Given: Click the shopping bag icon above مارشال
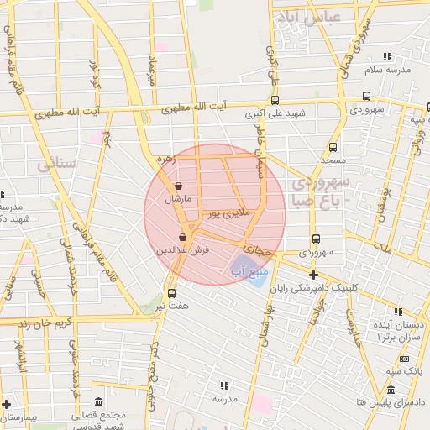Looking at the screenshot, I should (178, 186).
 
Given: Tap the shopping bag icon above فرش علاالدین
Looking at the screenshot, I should (182, 239).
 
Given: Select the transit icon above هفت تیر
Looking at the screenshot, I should (172, 293).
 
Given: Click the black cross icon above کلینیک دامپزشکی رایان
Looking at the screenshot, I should (313, 275).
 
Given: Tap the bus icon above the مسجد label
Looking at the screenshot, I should (333, 146).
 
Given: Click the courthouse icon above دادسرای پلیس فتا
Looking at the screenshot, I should (390, 390).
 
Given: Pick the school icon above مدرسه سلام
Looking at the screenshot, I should (387, 57).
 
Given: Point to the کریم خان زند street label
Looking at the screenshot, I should (37, 322).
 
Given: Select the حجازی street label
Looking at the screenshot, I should (258, 250).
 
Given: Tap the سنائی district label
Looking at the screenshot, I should (56, 165).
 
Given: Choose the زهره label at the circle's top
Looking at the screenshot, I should (164, 158).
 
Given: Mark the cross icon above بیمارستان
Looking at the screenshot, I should (6, 404).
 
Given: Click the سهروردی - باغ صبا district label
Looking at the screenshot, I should (322, 191).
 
